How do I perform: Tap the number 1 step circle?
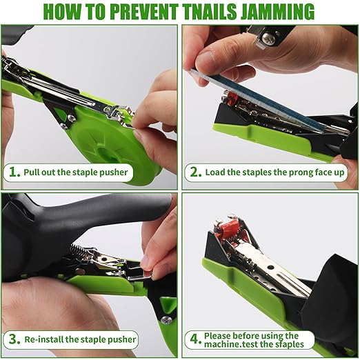(x=14, y=172)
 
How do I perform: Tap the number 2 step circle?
(x=196, y=172)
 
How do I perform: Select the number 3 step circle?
(x=14, y=339)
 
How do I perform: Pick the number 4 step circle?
(x=196, y=339)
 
